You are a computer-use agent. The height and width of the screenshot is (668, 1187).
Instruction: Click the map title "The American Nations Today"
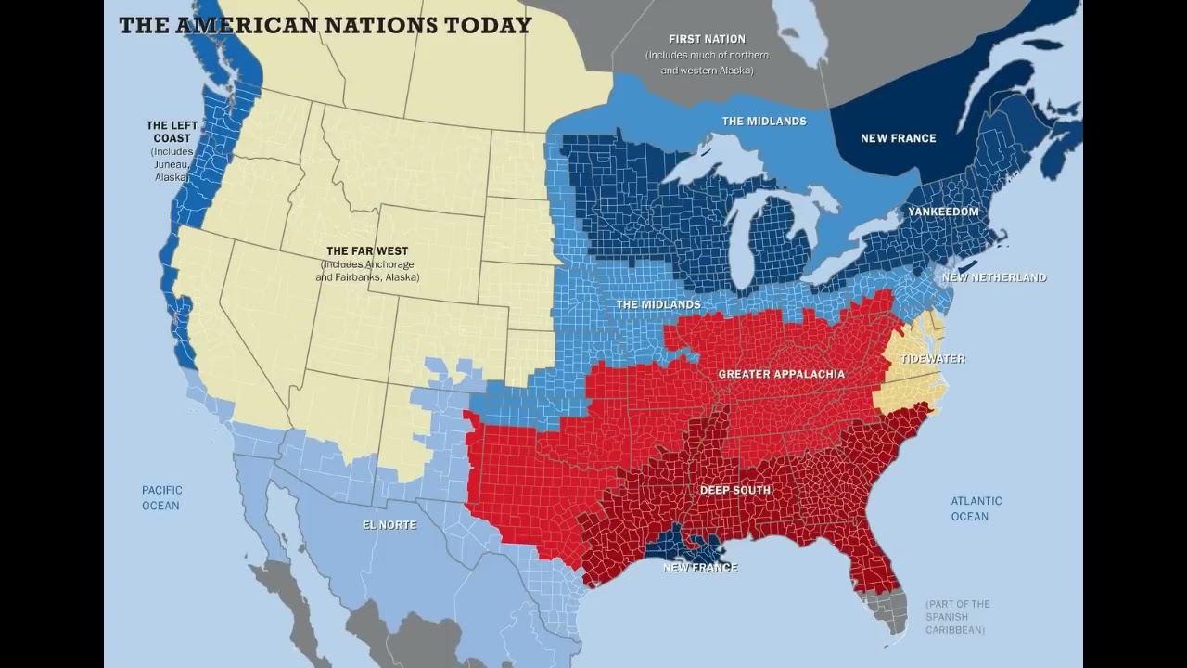click(x=325, y=24)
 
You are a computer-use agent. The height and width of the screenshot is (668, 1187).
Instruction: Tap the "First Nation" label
click(x=707, y=39)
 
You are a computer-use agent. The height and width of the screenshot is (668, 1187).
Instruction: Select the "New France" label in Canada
click(x=898, y=138)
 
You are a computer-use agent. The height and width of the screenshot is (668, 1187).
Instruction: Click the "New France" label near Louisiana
click(x=700, y=567)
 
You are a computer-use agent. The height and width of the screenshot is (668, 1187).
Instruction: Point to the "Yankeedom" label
click(x=942, y=212)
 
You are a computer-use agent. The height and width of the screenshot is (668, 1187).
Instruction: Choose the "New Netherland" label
click(x=994, y=277)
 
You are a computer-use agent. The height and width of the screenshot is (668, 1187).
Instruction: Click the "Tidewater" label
click(x=932, y=359)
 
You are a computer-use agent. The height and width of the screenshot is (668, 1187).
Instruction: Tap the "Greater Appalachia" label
click(x=781, y=374)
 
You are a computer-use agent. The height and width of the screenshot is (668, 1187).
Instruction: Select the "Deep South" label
click(x=734, y=490)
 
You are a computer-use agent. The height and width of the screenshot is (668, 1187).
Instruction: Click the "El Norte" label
click(x=389, y=525)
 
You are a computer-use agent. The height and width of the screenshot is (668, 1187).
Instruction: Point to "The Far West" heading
click(x=366, y=251)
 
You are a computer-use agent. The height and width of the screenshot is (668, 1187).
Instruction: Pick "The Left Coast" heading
click(x=169, y=132)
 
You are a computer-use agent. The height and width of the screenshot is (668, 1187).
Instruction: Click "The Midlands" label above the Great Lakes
click(x=764, y=122)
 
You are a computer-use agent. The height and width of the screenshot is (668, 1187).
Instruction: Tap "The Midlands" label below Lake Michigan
click(x=658, y=304)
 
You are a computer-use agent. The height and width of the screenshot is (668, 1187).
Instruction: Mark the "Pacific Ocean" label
click(x=161, y=497)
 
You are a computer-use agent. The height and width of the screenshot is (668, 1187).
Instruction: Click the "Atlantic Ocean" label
click(x=976, y=508)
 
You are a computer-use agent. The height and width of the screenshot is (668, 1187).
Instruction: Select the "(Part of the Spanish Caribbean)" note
click(x=958, y=617)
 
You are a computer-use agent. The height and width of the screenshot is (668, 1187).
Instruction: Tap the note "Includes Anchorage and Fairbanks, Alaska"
click(x=366, y=271)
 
